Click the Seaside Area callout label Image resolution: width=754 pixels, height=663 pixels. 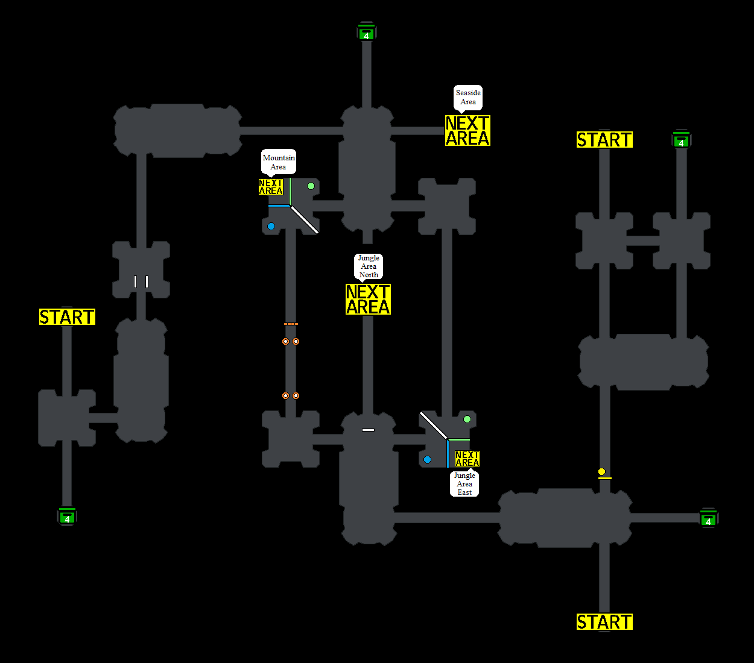(x=468, y=97)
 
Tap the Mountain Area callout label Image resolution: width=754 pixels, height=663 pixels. (x=279, y=162)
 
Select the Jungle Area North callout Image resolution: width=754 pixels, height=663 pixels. (x=369, y=266)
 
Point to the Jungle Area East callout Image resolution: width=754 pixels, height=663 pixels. (x=464, y=484)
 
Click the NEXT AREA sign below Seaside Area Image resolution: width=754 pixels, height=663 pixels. (x=467, y=131)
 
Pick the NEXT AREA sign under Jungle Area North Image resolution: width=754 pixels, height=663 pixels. (x=368, y=300)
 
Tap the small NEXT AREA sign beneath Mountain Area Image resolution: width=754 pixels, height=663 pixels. (x=271, y=187)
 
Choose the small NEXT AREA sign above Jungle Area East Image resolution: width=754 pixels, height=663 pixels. (x=467, y=459)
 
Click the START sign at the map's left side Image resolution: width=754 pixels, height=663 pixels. (x=67, y=317)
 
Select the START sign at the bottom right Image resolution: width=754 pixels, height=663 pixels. (x=604, y=622)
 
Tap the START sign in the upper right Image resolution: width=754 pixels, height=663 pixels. (x=604, y=140)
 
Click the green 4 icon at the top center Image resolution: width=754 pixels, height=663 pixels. (x=366, y=33)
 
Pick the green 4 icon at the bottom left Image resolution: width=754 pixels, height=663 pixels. (x=67, y=517)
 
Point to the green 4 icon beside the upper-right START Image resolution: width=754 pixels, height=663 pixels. (x=681, y=140)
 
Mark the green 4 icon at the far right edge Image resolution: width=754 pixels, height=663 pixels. (x=708, y=519)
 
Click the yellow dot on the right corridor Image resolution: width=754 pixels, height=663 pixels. (x=601, y=471)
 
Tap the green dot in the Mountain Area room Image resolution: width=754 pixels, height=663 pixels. (x=311, y=186)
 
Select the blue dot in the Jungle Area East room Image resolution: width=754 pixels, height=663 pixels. (x=427, y=460)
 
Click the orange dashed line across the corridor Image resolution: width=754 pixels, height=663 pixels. (x=291, y=324)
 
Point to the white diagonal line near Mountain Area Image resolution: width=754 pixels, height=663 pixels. (x=305, y=220)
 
